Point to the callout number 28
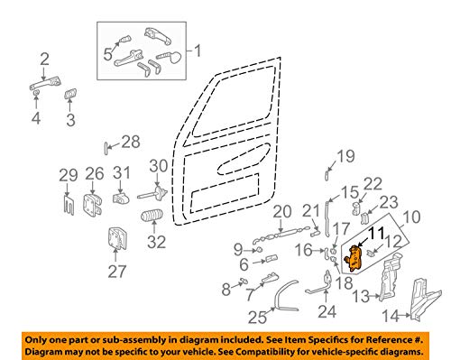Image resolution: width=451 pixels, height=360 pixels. click(x=131, y=141)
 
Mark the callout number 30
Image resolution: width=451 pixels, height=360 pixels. click(x=159, y=165)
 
